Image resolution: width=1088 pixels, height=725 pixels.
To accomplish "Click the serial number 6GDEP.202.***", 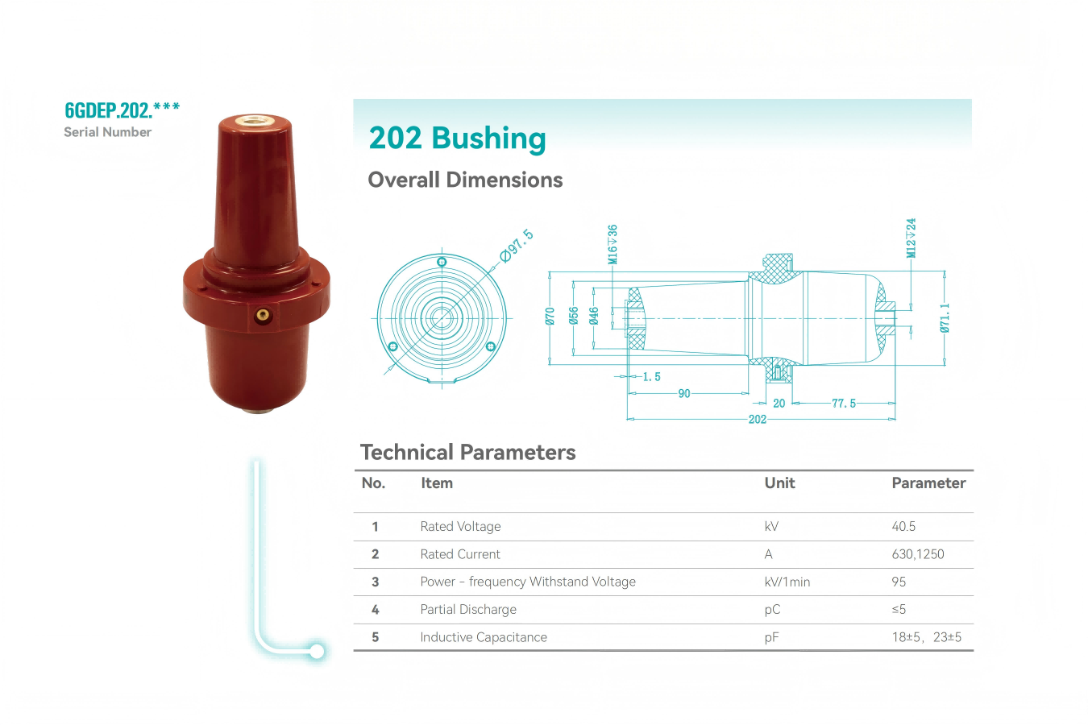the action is [x=122, y=110].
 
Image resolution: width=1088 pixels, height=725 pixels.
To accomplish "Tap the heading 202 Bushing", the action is [x=458, y=138].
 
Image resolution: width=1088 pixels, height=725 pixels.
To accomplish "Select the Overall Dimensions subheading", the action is [x=465, y=180].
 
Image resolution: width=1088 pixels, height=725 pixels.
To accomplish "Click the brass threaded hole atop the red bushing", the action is [x=254, y=119].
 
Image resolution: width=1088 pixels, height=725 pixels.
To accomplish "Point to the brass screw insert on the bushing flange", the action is [x=264, y=315].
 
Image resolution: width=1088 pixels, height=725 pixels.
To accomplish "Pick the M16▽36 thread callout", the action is [x=613, y=244].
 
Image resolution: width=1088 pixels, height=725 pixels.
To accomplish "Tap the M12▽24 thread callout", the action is [x=911, y=238].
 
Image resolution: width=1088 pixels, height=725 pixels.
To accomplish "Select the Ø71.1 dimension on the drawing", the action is [x=945, y=318].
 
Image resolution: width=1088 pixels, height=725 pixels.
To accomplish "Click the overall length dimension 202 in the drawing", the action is [x=758, y=419].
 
